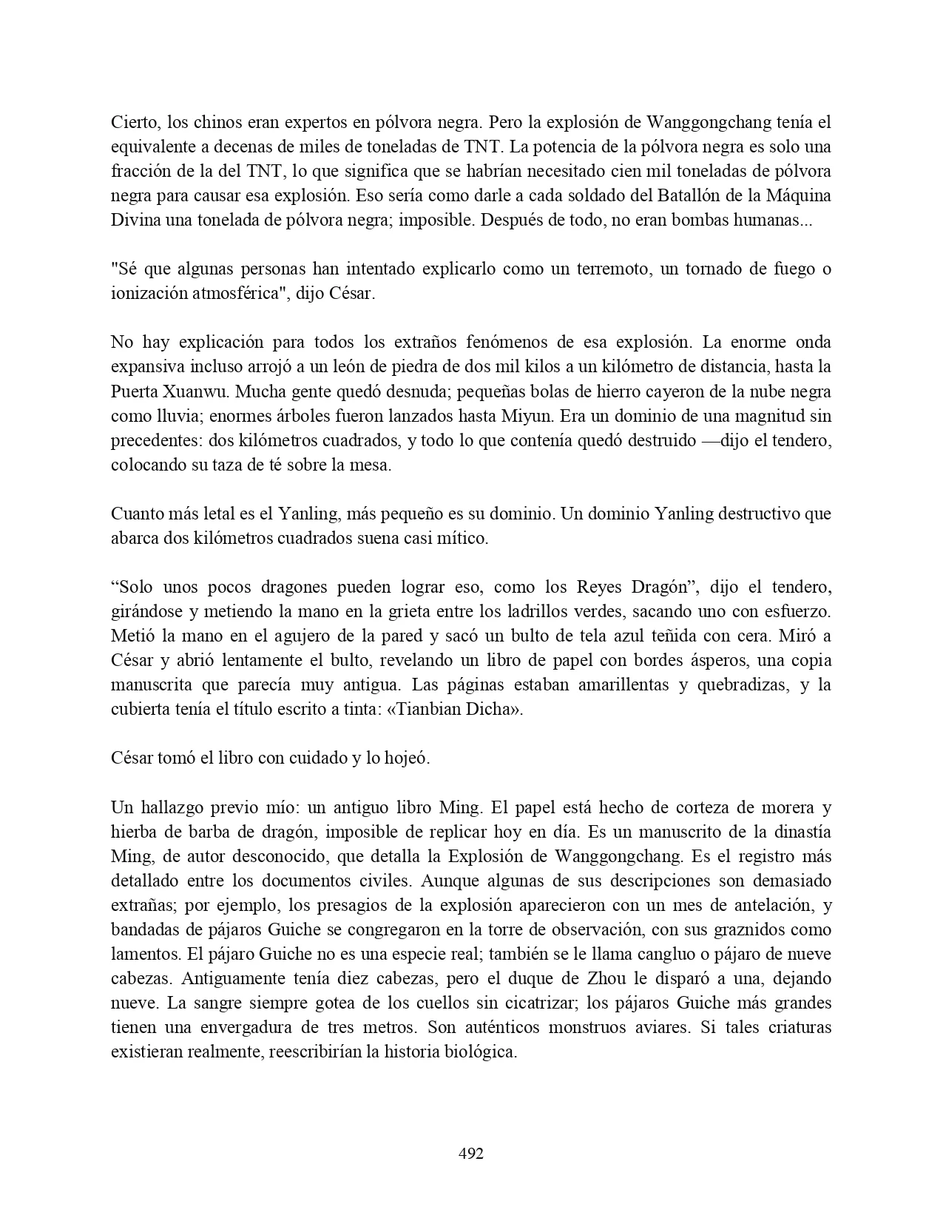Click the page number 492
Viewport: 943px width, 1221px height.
click(471, 1153)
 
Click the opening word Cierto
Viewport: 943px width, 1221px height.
click(132, 121)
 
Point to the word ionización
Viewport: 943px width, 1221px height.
click(150, 293)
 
